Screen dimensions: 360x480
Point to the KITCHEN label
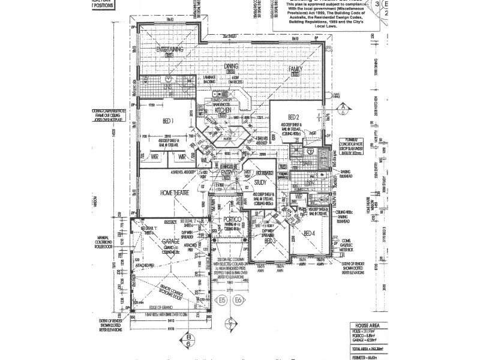pyautogui.click(x=223, y=110)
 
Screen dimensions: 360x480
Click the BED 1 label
pyautogui.click(x=168, y=120)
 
